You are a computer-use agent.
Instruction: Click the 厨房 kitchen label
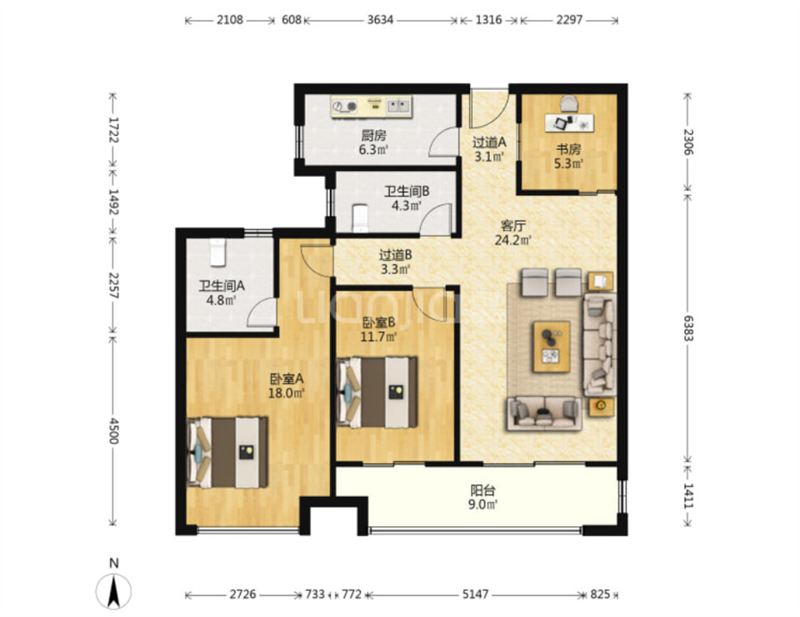[x=373, y=135]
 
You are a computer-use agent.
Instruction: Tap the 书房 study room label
[x=568, y=149]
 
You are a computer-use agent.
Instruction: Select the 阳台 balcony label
[x=482, y=490]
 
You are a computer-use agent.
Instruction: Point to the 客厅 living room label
[x=512, y=226]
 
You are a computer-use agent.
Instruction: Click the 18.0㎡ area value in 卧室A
[x=286, y=393]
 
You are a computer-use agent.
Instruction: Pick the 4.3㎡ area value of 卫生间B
[x=406, y=206]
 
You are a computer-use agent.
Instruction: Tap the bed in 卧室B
[x=377, y=392]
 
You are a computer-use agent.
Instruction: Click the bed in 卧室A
[x=227, y=453]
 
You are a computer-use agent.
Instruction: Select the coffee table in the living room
[x=552, y=347]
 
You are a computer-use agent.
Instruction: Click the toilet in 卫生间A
[x=218, y=252]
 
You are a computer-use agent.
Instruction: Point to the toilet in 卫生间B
[x=360, y=218]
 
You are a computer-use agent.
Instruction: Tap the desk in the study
[x=569, y=123]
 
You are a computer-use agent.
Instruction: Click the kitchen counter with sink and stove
[x=371, y=107]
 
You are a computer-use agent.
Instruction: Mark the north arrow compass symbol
[x=114, y=591]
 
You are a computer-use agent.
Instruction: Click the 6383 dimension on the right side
[x=688, y=328]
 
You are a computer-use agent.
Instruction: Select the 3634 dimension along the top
[x=380, y=20]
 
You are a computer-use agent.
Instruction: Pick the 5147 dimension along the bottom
[x=475, y=594]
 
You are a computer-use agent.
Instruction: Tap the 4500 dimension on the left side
[x=113, y=431]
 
